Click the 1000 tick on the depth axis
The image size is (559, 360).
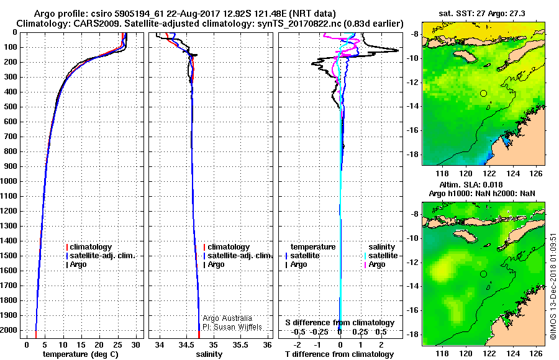pyautogui.click(x=10, y=181)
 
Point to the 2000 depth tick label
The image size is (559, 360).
pyautogui.click(x=10, y=330)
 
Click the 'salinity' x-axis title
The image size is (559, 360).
pyautogui.click(x=209, y=354)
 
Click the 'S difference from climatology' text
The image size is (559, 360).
pyautogui.click(x=340, y=323)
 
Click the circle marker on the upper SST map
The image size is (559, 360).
pyautogui.click(x=484, y=93)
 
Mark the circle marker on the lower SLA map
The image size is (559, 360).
pyautogui.click(x=484, y=274)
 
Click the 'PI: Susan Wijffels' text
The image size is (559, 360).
pyautogui.click(x=234, y=326)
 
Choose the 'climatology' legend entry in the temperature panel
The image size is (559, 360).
pyautogui.click(x=91, y=247)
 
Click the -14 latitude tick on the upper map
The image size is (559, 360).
pyautogui.click(x=414, y=106)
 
